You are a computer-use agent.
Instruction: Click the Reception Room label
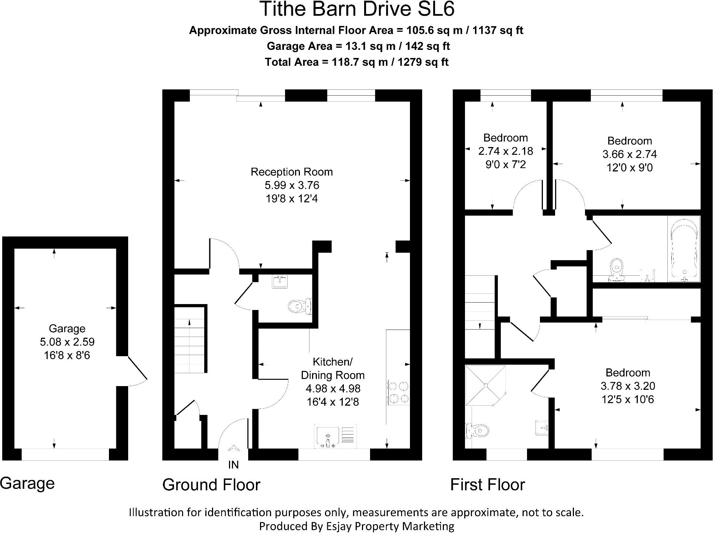(x=291, y=172)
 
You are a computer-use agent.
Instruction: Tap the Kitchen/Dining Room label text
(x=332, y=368)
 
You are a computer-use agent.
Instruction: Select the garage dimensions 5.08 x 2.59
(x=67, y=342)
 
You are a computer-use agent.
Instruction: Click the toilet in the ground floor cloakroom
(x=300, y=306)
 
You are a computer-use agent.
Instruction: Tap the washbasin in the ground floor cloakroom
(x=280, y=282)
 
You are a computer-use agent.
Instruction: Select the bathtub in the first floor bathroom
(x=684, y=249)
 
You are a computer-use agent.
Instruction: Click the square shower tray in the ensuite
(x=485, y=385)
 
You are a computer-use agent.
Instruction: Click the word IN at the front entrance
(x=233, y=465)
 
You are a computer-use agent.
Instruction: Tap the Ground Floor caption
(x=211, y=485)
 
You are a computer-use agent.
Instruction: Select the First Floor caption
(x=487, y=485)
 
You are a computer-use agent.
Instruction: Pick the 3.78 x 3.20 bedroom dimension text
(x=627, y=386)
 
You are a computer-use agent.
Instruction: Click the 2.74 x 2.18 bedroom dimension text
(x=505, y=151)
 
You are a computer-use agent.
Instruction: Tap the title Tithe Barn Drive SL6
(x=357, y=9)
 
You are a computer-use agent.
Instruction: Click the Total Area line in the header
(x=356, y=62)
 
